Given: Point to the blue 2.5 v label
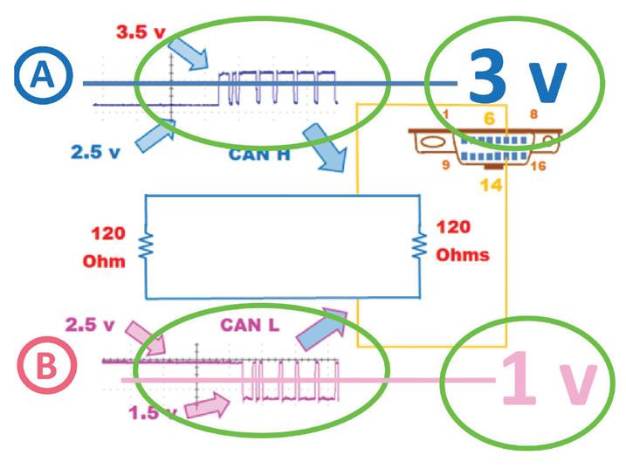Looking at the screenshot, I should click(x=97, y=151).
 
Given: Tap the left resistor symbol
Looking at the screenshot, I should click(x=145, y=245).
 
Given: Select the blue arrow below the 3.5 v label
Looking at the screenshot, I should click(x=191, y=52).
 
